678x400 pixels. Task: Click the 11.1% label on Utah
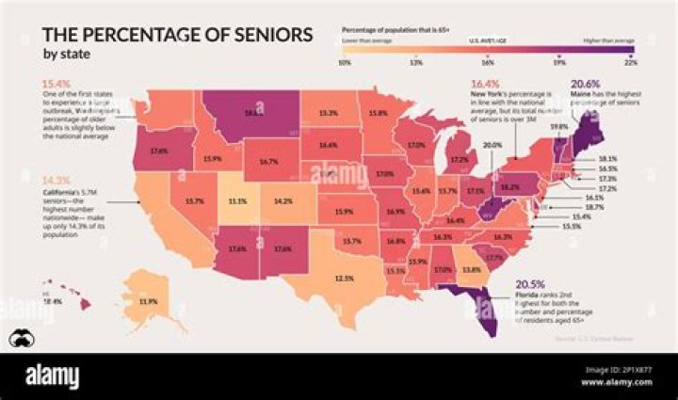point(238,200)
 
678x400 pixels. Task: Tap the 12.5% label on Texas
point(344,279)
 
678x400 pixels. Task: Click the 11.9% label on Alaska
point(146,301)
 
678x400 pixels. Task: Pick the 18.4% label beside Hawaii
point(52,301)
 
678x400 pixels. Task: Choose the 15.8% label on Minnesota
point(379,113)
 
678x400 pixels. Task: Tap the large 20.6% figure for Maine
point(585,84)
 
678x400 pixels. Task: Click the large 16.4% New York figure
point(484,84)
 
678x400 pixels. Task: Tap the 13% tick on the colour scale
point(415,62)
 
